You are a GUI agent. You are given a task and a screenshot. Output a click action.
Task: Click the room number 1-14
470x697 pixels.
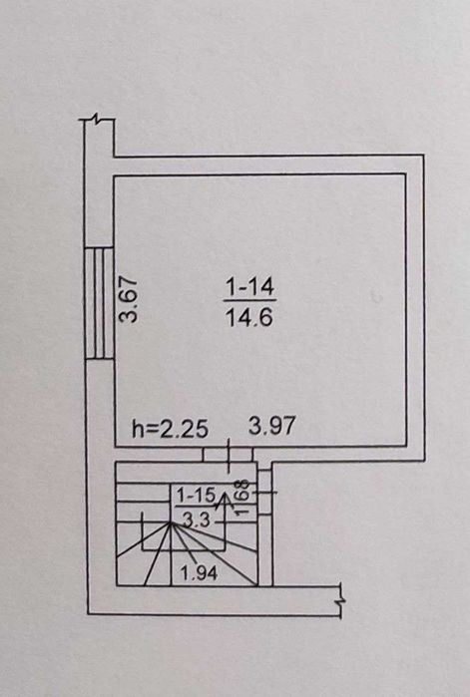250,287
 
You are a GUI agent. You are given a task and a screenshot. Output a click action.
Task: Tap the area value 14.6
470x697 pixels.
249,317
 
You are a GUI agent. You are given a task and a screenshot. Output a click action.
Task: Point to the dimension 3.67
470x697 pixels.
130,299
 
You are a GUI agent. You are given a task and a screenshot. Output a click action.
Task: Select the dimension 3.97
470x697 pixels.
272,426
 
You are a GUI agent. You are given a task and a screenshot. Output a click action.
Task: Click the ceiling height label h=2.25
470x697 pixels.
171,429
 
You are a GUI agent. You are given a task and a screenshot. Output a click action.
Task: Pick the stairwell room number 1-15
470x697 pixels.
197,496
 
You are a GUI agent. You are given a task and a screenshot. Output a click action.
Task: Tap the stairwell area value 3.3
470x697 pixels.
197,520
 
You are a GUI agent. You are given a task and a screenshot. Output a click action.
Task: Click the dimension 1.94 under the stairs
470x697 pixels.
199,573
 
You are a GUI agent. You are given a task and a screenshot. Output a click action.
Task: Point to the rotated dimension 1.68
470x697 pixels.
241,497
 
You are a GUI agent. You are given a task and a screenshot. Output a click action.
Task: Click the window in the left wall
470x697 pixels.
99,303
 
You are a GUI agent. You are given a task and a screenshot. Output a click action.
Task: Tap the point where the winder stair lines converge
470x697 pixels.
171,523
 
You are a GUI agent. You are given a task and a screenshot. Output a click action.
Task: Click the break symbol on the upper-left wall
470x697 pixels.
97,119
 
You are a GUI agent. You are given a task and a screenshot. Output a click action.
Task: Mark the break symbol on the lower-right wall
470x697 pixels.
341,600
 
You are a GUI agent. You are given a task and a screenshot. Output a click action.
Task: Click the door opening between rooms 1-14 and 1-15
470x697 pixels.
229,454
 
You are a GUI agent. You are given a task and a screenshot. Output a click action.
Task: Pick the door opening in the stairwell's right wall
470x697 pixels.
265,492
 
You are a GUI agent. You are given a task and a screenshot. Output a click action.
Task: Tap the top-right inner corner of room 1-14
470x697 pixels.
405,174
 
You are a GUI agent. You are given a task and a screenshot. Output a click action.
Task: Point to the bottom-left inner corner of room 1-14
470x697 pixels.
115,446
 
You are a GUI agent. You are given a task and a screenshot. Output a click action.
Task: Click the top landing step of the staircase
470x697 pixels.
187,473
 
